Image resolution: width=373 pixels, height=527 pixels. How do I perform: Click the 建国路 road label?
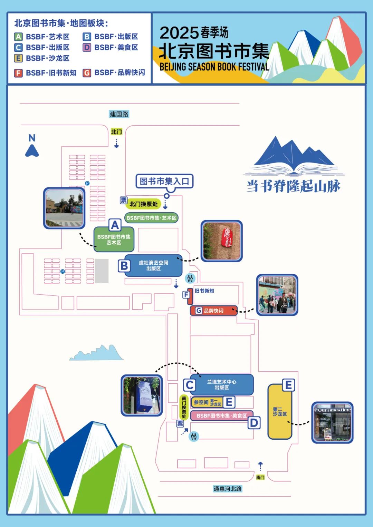point(119,114)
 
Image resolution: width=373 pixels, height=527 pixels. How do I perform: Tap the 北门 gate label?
point(116,132)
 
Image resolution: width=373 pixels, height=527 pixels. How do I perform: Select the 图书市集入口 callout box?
point(164,181)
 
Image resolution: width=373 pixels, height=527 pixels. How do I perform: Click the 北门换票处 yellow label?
point(143,204)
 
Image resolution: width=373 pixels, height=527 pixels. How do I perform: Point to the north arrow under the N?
point(32,151)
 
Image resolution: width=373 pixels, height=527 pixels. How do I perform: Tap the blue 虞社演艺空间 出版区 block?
point(153,265)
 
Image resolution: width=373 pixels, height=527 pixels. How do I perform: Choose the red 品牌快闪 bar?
point(213,311)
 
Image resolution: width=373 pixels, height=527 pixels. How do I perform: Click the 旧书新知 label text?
point(204,291)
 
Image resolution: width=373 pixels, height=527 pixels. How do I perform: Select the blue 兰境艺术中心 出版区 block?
point(222,384)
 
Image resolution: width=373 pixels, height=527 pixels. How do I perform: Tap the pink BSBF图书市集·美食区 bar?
point(222,416)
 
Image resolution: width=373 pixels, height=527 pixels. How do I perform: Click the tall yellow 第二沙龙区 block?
point(280,411)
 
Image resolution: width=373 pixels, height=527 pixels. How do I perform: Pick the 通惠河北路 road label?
point(228,489)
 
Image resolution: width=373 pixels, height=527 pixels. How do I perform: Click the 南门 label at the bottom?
point(260,477)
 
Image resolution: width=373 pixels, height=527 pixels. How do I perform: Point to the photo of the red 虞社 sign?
point(222,241)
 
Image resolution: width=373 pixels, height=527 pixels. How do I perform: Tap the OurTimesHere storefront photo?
point(332,422)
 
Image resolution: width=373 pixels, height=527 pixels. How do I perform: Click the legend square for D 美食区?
point(87,47)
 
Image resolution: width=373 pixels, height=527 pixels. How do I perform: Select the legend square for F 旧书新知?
point(18,73)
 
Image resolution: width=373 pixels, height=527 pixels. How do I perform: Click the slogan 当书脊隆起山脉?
point(294,186)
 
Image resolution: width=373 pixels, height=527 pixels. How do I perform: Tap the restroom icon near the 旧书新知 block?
point(190,278)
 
